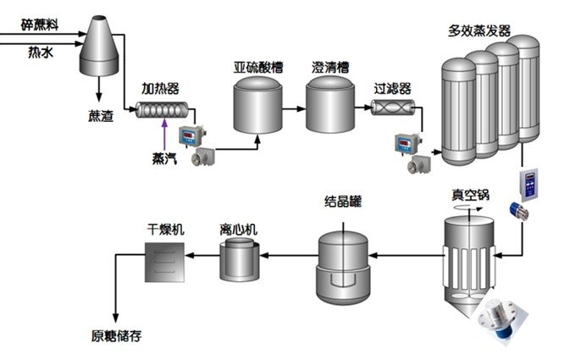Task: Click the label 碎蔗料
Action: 40,25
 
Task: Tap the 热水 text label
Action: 41,53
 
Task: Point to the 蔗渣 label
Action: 101,116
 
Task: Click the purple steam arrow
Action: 164,135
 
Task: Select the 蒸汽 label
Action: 164,158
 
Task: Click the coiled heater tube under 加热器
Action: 162,110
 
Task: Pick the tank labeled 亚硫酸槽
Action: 257,105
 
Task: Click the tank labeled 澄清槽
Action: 330,105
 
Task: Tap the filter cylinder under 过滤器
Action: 393,108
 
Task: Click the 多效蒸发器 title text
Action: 479,30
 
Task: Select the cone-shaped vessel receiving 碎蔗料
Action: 99,46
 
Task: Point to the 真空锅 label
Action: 470,195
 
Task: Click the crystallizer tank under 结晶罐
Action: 343,268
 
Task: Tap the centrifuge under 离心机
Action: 240,260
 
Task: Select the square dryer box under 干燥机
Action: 164,263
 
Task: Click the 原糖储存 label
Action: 116,336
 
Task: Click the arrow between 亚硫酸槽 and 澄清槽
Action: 294,109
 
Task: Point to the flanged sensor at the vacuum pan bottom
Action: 501,318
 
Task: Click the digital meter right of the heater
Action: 191,136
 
